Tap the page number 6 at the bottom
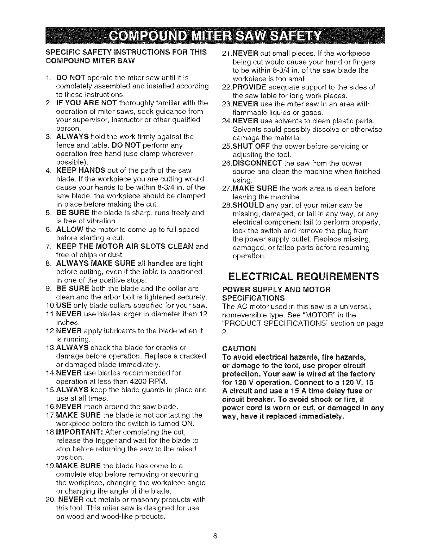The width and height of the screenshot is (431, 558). coord(216,537)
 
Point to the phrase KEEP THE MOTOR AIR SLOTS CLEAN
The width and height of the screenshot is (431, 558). coord(125,246)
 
